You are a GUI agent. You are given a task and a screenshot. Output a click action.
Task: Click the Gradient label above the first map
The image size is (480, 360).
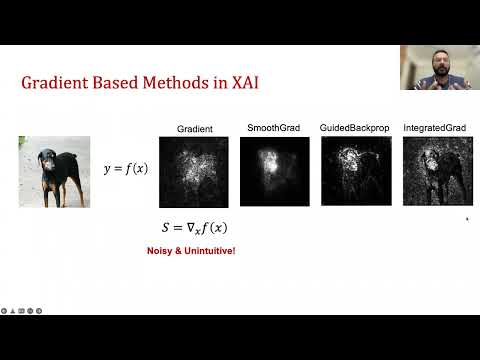point(194,129)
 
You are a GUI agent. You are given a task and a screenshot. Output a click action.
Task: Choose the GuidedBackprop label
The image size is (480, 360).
point(352,129)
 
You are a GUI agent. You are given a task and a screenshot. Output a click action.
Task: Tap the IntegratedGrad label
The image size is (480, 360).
point(437,128)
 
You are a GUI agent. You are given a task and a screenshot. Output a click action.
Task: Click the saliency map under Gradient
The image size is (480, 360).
point(194,172)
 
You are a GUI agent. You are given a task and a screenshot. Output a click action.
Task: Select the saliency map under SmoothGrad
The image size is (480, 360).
point(273,171)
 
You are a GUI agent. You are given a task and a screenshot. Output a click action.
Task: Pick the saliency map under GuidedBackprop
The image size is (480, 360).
point(356,171)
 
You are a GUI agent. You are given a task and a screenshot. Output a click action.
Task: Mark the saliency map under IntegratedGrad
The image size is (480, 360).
point(437,171)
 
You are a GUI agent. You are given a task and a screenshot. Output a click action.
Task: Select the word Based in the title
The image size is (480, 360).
point(123,85)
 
